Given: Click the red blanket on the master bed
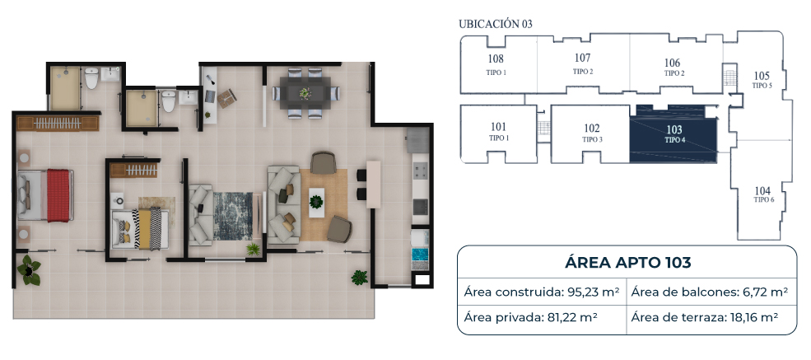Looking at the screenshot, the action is point(58,195).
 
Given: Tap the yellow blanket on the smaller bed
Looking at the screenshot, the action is point(144,228).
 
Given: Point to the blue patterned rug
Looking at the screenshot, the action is point(233,216).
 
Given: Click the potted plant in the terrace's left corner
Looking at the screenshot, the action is point(29,270).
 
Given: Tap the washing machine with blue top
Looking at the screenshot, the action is point(420,256).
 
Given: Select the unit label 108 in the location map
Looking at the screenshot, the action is point(496,59).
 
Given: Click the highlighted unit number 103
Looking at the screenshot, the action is point(674,130).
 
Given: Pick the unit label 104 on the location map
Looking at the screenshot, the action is point(762,190).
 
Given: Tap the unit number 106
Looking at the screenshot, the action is point(672,63).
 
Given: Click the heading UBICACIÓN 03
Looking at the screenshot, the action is point(496,24).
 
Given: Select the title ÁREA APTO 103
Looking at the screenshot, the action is point(627,263).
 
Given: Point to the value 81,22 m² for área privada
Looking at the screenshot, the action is point(572,317).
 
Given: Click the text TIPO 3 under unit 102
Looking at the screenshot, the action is point(592,140).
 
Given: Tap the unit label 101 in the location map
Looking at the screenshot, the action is point(499,127).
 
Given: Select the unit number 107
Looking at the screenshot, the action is point(582,58).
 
